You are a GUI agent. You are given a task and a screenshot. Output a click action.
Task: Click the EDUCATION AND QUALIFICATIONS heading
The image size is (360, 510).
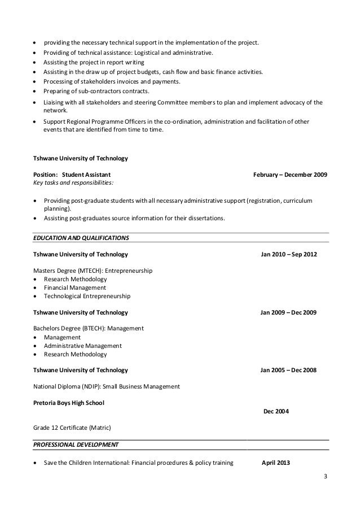pyautogui.click(x=82, y=237)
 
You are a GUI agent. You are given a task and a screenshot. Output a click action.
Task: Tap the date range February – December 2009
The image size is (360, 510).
pyautogui.click(x=290, y=174)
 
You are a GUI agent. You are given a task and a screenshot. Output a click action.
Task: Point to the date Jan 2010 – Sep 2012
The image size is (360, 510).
pyautogui.click(x=288, y=255)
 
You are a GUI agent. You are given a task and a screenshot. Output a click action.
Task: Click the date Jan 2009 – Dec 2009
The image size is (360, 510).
pyautogui.click(x=288, y=312)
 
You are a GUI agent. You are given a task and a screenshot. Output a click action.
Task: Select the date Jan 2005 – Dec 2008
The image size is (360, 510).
pyautogui.click(x=288, y=370)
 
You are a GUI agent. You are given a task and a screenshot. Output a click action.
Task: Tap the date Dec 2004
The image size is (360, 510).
pyautogui.click(x=276, y=411)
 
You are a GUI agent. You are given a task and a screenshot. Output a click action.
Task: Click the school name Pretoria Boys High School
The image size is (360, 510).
pyautogui.click(x=69, y=403)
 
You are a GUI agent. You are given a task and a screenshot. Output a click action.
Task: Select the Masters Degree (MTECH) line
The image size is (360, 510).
pyautogui.click(x=93, y=271)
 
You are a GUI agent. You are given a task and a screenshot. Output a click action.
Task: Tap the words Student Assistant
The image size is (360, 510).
pyautogui.click(x=86, y=174)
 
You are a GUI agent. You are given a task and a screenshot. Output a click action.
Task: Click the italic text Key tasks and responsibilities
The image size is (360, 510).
pyautogui.click(x=73, y=183)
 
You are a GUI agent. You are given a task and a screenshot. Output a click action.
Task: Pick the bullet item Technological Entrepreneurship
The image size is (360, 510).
pyautogui.click(x=87, y=295)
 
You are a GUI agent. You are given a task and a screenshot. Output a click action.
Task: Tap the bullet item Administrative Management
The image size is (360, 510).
pyautogui.click(x=82, y=346)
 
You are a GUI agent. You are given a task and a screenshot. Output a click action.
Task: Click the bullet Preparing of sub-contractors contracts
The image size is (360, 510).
pyautogui.click(x=96, y=91)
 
